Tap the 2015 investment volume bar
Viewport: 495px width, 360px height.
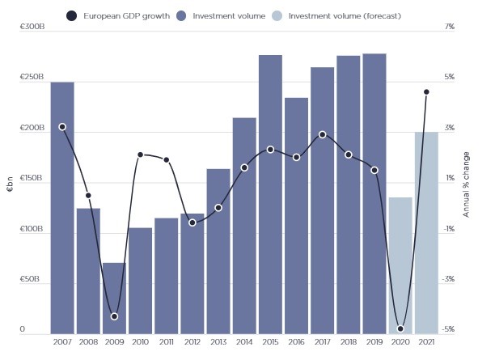[x=270, y=194]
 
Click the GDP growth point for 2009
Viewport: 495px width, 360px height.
[x=114, y=316]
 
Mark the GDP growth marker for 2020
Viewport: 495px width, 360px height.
[x=400, y=328]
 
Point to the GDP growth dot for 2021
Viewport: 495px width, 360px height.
[x=426, y=91]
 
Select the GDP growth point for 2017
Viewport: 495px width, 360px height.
[x=322, y=134]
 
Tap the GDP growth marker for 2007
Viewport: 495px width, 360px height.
[x=62, y=127]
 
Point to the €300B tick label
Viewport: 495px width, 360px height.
[x=33, y=28]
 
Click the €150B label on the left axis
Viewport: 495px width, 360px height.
[x=33, y=178]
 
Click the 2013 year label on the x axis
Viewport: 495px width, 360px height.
[x=218, y=343]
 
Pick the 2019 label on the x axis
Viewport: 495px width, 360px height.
[x=374, y=343]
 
